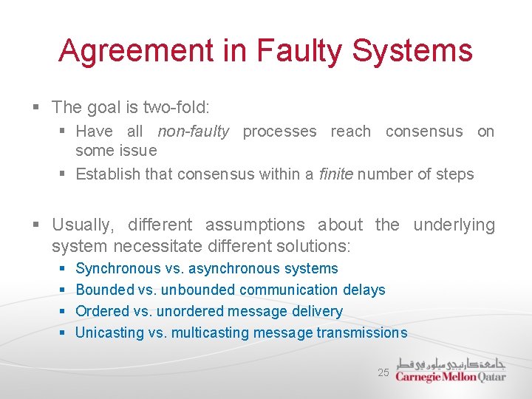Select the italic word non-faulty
(193, 132)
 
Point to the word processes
(279, 132)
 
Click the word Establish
(107, 174)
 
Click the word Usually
(82, 225)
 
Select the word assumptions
(255, 225)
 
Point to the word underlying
(454, 225)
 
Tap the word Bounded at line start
(105, 290)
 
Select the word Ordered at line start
(103, 312)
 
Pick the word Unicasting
(109, 333)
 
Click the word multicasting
(210, 333)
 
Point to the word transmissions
(361, 333)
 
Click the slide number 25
(383, 372)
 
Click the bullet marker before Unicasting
(62, 333)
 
